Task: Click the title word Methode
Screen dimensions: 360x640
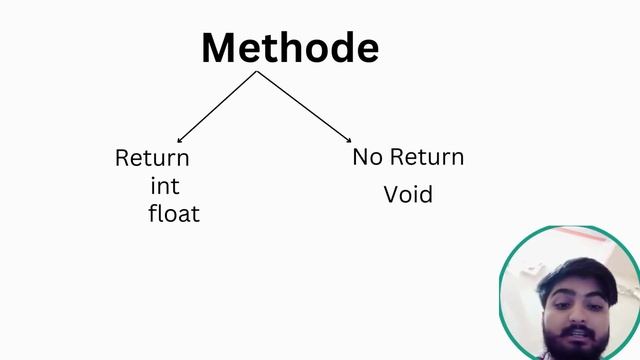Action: pyautogui.click(x=290, y=48)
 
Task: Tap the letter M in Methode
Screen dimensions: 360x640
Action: pyautogui.click(x=221, y=48)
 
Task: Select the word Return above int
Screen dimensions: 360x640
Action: pyautogui.click(x=152, y=158)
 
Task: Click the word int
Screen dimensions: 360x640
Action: pyautogui.click(x=165, y=186)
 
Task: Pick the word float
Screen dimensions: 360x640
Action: pyautogui.click(x=174, y=213)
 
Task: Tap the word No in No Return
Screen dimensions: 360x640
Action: pyautogui.click(x=367, y=157)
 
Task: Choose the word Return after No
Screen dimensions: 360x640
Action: pyautogui.click(x=426, y=157)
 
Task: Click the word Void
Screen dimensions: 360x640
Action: pyautogui.click(x=408, y=194)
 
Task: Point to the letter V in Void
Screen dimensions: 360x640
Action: pyautogui.click(x=391, y=194)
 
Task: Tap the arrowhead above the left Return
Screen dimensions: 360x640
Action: pyautogui.click(x=179, y=140)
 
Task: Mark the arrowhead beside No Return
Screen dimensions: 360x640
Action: pyautogui.click(x=347, y=139)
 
